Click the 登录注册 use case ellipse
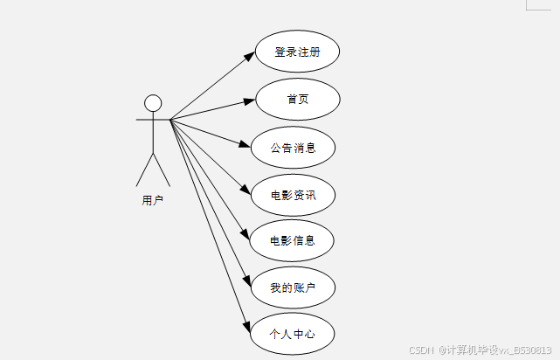297,52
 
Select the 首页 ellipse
297,99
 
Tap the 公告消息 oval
294,147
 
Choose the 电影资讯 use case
294,194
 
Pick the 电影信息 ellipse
293,240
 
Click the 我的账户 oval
293,287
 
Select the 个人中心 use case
292,333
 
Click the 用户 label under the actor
152,200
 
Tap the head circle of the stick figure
153,102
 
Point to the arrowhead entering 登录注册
250,57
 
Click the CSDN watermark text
423,350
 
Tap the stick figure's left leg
144,170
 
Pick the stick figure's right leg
162,170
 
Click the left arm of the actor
143,118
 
